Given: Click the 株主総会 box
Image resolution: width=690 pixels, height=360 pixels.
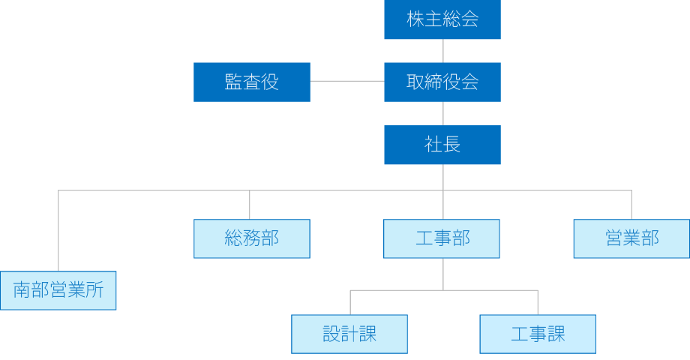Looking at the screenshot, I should click(x=442, y=20).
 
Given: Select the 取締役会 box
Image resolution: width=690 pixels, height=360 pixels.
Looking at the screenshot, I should click(x=442, y=82).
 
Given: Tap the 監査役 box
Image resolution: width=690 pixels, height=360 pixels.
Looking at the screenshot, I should click(x=251, y=82).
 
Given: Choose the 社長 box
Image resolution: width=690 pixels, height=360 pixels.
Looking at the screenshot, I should click(x=442, y=145).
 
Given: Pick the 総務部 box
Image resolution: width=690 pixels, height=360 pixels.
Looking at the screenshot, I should click(x=251, y=238).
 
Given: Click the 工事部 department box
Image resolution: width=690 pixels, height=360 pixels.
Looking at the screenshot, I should click(x=442, y=238).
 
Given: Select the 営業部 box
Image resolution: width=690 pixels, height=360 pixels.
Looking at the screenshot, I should click(x=631, y=238).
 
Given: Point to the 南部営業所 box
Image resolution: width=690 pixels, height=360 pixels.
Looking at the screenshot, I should click(x=58, y=290).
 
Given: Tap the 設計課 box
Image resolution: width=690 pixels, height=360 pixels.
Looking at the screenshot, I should click(x=349, y=334).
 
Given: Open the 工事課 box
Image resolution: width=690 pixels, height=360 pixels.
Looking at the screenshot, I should click(x=538, y=334).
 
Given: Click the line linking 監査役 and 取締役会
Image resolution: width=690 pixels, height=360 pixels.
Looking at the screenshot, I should click(x=346, y=81).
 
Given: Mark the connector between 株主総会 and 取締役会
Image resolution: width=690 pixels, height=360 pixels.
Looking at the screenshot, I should click(x=443, y=51).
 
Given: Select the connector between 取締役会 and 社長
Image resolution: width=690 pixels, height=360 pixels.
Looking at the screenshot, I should click(x=443, y=113).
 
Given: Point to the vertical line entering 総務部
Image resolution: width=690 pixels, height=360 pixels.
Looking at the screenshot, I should click(x=250, y=205).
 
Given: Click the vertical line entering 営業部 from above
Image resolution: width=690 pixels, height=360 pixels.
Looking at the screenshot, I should click(x=631, y=205).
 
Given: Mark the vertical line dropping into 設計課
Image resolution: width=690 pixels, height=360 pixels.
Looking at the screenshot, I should click(x=349, y=302).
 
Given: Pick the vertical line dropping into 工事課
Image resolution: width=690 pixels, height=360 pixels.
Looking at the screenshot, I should click(x=538, y=302).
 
